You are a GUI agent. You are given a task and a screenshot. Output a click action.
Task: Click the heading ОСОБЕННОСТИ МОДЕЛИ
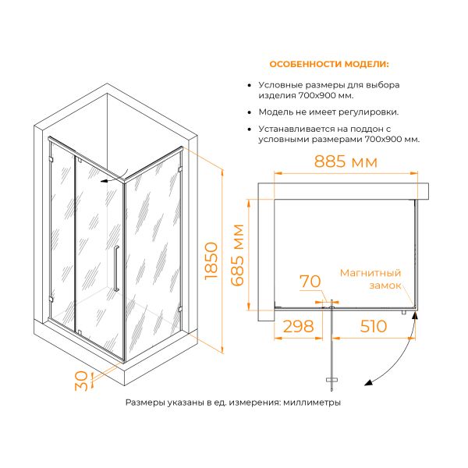tap(329, 64)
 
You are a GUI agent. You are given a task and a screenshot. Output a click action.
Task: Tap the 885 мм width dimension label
tap(346, 161)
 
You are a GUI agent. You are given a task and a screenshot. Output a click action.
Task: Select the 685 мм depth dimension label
tap(238, 255)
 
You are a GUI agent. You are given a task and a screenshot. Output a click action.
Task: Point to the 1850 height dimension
tap(211, 261)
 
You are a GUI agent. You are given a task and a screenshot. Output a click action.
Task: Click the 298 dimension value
tap(298, 326)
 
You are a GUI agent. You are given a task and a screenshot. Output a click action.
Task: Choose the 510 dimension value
tap(374, 326)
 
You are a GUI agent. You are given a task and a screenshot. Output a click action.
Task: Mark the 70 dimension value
tap(310, 281)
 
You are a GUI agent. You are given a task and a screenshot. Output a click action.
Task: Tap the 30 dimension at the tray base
tap(81, 381)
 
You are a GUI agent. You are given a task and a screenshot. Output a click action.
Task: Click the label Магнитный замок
tap(370, 279)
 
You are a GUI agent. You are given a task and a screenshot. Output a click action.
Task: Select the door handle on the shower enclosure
tap(116, 268)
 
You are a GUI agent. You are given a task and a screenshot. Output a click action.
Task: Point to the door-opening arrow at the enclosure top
tap(115, 177)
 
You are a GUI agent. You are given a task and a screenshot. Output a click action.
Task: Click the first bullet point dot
tap(250, 85)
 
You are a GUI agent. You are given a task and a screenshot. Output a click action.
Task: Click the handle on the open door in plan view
tap(331, 380)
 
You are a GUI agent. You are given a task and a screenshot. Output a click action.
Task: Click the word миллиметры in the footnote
tap(312, 402)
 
